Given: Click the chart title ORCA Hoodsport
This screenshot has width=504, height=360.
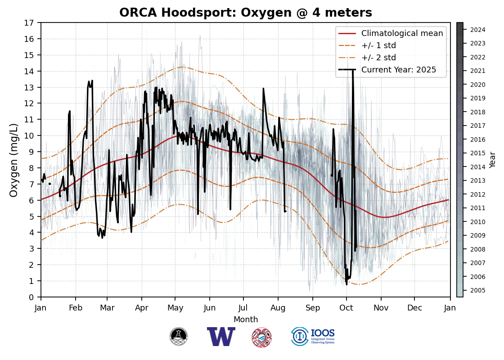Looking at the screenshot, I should click(245, 13).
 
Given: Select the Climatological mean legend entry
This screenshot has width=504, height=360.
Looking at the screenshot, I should click(402, 33).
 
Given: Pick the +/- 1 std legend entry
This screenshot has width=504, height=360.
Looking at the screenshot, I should click(378, 45).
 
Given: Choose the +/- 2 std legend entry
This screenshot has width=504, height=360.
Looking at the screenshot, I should click(378, 58).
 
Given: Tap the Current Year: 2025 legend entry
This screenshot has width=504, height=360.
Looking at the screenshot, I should click(399, 70).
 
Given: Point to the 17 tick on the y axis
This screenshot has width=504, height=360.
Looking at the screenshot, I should click(30, 23).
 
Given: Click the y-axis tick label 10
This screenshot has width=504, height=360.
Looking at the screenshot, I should click(30, 135).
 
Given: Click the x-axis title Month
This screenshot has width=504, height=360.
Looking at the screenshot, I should click(246, 319).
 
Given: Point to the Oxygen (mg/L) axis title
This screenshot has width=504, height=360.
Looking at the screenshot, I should click(14, 160).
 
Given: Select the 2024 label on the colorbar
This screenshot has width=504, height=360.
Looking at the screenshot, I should click(478, 30).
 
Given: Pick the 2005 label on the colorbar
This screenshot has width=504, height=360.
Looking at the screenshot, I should click(478, 290).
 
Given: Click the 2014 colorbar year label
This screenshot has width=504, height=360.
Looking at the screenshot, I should click(478, 167).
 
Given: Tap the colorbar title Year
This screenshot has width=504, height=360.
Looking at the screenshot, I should click(493, 160).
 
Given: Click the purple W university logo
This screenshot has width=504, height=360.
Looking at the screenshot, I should click(221, 337).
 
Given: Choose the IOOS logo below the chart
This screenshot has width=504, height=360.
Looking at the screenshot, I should click(313, 337).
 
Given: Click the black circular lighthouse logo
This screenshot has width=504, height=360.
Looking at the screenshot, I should click(179, 337).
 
